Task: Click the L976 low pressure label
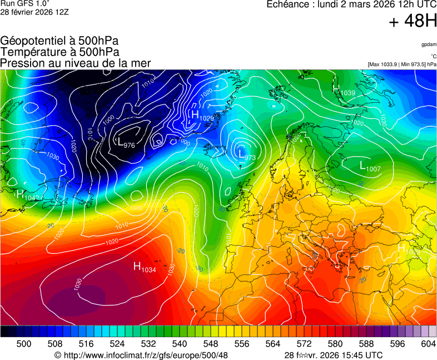(126, 143)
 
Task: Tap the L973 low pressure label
(246, 155)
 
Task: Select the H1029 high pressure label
(202, 116)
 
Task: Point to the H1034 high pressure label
(145, 267)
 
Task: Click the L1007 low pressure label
(370, 166)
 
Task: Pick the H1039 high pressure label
(344, 90)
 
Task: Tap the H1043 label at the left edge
(26, 195)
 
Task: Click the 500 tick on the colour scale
(24, 344)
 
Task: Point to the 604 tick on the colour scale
(428, 344)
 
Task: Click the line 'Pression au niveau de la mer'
(76, 63)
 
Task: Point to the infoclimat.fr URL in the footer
(141, 355)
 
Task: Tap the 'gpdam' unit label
(428, 44)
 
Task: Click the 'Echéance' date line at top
(352, 5)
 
